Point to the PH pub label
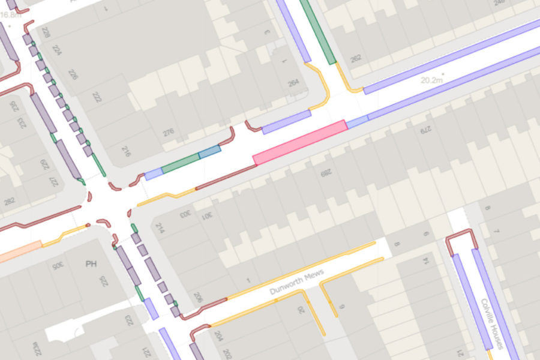point(91,264)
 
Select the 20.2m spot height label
point(433,79)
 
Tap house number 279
point(426,127)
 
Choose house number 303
point(187,214)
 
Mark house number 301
point(205,214)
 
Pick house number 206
point(198,298)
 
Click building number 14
point(425,262)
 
